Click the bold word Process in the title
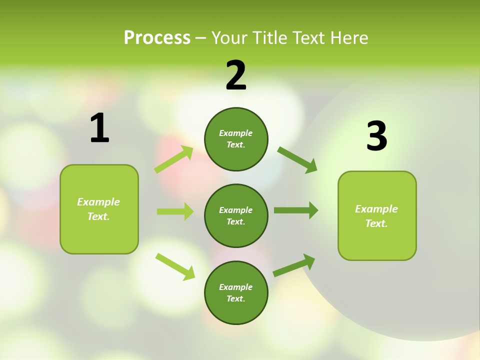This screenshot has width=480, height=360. point(157,38)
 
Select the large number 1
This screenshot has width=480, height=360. point(99,128)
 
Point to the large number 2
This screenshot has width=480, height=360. point(236,75)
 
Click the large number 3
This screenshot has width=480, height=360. point(376,136)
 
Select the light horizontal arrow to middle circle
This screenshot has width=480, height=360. point(175,211)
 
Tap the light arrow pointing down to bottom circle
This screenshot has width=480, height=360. point(175,266)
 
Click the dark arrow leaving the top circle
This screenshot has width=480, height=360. point(297,159)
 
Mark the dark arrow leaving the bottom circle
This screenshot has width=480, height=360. point(294,265)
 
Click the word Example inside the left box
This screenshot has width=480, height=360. point(98,202)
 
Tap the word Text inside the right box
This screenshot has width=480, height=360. point(376,223)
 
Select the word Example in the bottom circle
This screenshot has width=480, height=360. point(235,287)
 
